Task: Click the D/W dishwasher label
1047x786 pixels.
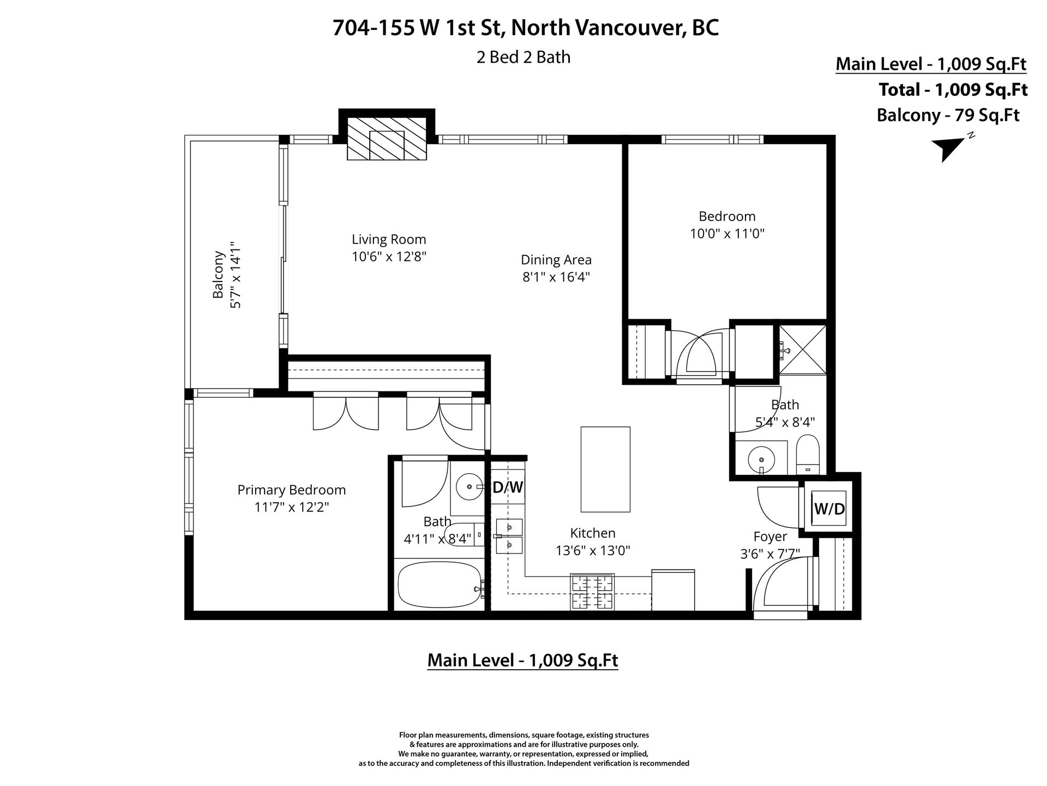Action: point(508,487)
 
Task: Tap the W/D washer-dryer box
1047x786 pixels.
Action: point(829,509)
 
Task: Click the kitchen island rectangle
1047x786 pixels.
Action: point(605,469)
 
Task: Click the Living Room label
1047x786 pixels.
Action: point(389,239)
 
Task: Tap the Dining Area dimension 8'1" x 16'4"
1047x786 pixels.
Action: point(556,277)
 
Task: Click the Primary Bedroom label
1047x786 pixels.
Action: point(292,490)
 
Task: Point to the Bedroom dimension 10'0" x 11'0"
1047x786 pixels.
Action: point(727,234)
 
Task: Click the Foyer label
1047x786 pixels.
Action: point(770,537)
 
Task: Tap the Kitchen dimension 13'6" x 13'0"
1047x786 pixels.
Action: point(593,551)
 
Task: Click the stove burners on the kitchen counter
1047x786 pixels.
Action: point(592,592)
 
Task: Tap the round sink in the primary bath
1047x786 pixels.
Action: point(468,485)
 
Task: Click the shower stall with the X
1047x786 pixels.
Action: point(803,349)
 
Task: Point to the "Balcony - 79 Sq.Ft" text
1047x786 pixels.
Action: point(948,115)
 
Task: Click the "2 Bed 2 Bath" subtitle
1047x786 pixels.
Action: point(523,57)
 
